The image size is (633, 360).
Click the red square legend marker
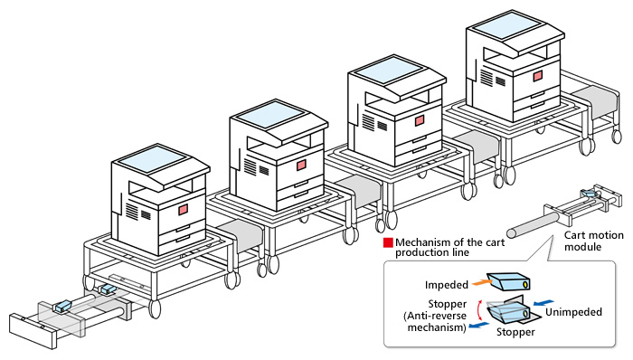pos(388,242)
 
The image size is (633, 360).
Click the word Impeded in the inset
pos(446,285)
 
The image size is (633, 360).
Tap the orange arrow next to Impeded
pos(480,282)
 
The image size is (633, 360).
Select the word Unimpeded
pos(573,312)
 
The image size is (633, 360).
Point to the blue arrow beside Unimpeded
pos(543,303)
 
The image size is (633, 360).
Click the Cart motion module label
pos(593,241)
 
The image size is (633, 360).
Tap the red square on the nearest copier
pos(184,210)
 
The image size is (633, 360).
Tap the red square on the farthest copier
pos(537,76)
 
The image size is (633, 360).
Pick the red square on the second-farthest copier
pos(420,120)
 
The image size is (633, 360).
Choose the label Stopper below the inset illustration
pos(515,332)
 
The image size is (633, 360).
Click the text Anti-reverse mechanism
pos(436,321)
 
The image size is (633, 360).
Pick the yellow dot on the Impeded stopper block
pos(525,285)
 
